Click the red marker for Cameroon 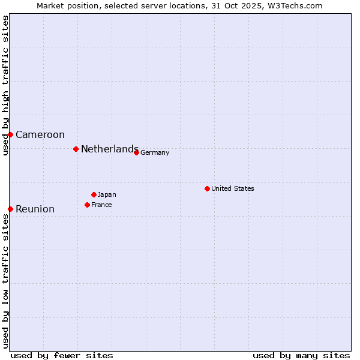[10, 134]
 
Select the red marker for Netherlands [76, 149]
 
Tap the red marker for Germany [136, 152]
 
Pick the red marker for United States [207, 188]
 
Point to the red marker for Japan [94, 194]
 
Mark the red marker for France [87, 205]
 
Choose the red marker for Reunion [10, 209]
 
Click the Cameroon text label [40, 135]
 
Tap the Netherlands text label [110, 149]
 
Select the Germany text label [155, 153]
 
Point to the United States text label [233, 189]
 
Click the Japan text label [107, 195]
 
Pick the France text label [101, 205]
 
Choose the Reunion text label [35, 209]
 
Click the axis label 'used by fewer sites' [62, 355]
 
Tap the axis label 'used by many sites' [301, 355]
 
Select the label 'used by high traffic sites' [5, 85]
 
